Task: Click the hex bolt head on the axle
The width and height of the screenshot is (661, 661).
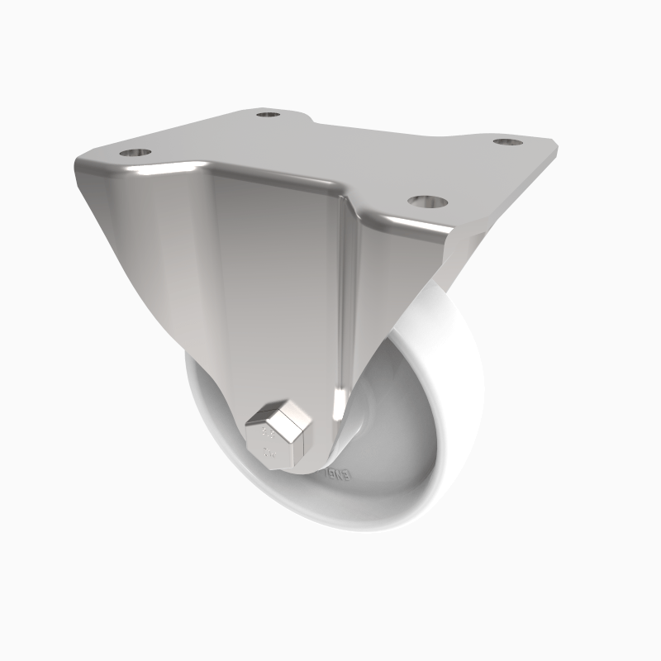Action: tap(278, 435)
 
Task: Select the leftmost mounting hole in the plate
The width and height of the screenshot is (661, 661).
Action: tap(135, 153)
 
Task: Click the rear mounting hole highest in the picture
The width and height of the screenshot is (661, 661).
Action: tap(267, 113)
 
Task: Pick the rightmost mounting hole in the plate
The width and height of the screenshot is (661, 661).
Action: tap(508, 142)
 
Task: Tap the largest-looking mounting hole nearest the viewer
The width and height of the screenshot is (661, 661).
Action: tap(426, 202)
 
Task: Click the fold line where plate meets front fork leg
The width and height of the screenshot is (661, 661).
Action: tap(273, 178)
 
